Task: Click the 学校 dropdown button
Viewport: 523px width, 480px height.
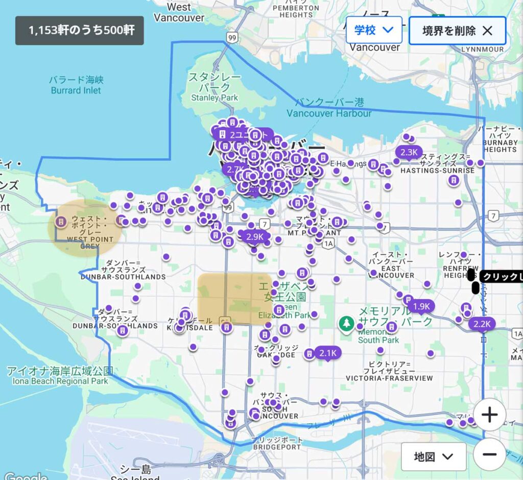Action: pos(374,30)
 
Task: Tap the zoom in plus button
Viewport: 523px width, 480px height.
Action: pos(489,415)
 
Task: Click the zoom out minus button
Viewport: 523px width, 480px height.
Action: pos(489,454)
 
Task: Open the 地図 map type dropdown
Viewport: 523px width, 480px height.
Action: pos(433,456)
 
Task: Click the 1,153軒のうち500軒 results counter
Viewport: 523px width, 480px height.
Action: pos(79,31)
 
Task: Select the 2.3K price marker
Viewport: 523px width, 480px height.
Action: pos(409,152)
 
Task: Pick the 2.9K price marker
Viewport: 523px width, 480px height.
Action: pos(255,236)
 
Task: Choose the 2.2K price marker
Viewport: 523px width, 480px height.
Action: pos(482,324)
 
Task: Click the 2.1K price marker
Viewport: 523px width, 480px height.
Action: pos(328,353)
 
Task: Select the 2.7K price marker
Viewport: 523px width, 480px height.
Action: pos(235,169)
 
